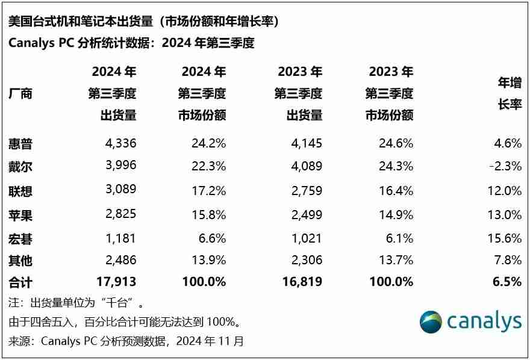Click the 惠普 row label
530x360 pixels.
pyautogui.click(x=20, y=144)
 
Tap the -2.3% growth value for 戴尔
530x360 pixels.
pyautogui.click(x=504, y=166)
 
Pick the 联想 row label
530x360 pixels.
pyautogui.click(x=20, y=191)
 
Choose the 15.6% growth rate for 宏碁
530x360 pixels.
pyautogui.click(x=505, y=238)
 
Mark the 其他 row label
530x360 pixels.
pyautogui.click(x=20, y=261)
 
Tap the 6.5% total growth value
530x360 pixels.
pyautogui.click(x=508, y=282)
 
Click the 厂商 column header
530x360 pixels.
pyautogui.click(x=20, y=94)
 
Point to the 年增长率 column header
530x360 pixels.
pyautogui.click(x=509, y=93)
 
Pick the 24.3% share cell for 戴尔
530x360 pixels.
pyautogui.click(x=395, y=166)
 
